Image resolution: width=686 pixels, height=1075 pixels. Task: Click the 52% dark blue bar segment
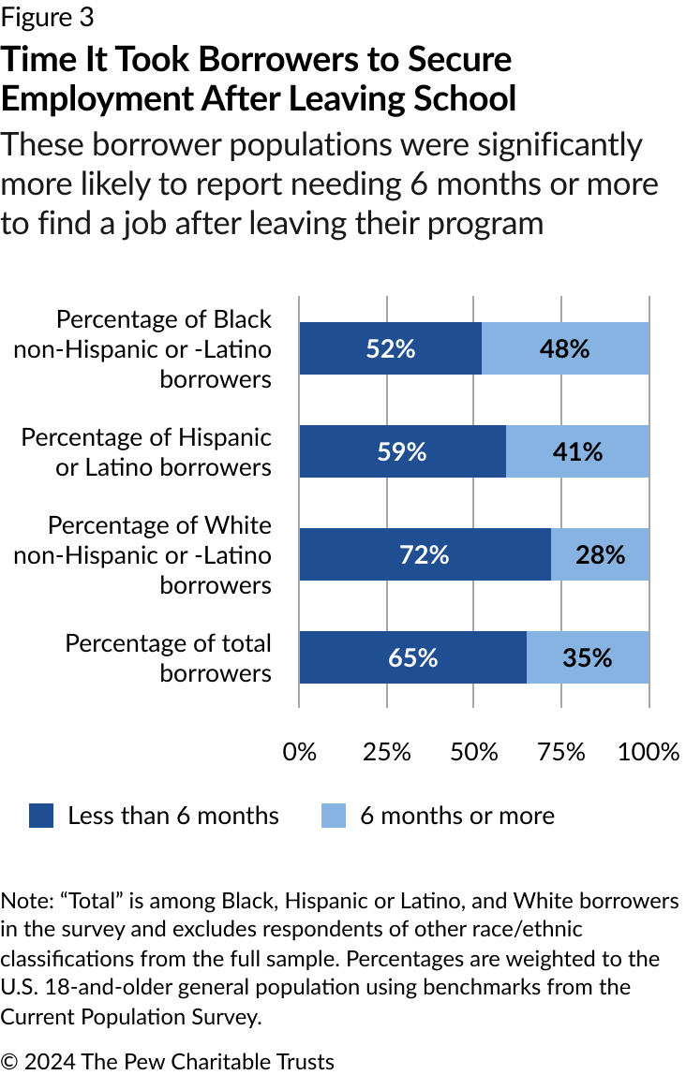click(x=390, y=348)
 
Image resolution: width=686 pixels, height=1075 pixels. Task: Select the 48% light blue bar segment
click(x=565, y=348)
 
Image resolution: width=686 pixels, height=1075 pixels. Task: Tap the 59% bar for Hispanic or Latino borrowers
click(x=402, y=451)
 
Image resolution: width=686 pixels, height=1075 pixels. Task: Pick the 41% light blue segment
click(x=577, y=451)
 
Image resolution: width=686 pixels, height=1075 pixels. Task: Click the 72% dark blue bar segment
click(x=425, y=554)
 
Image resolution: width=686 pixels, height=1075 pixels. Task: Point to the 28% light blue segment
click(x=600, y=554)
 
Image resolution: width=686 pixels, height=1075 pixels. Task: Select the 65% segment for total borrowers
click(x=412, y=657)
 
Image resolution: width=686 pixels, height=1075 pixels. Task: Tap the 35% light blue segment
click(x=588, y=657)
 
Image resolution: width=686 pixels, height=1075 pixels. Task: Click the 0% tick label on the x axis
click(x=299, y=752)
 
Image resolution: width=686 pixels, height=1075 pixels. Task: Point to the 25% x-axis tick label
click(x=386, y=752)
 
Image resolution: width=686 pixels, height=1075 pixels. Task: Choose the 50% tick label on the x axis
click(x=474, y=752)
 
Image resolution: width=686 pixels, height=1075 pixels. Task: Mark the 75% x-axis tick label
click(x=561, y=752)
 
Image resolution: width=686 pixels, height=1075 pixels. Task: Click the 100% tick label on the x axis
click(x=649, y=752)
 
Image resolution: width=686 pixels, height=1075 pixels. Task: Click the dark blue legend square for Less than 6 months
click(x=41, y=816)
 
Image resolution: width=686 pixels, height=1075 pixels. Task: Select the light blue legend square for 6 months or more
click(x=334, y=816)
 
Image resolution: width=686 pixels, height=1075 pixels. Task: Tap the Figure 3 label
click(x=48, y=17)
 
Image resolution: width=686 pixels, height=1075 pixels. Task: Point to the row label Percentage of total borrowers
click(x=169, y=657)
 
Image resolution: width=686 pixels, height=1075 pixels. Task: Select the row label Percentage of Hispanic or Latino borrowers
click(x=147, y=451)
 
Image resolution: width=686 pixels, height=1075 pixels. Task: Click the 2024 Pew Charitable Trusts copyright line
click(x=168, y=1061)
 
